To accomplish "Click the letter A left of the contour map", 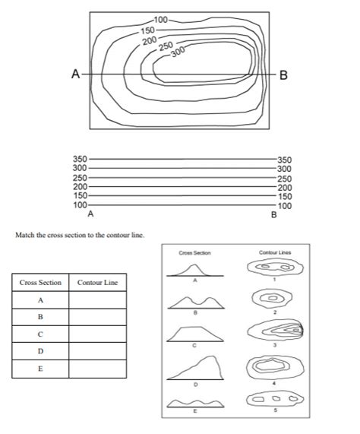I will (75, 74).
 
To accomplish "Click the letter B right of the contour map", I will (283, 75).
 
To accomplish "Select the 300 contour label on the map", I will (179, 52).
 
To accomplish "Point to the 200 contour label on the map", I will (149, 40).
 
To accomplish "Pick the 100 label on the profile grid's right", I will (284, 206).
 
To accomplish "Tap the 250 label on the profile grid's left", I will (81, 178).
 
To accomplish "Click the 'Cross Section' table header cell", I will (39, 284).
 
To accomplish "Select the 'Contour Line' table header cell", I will (98, 284).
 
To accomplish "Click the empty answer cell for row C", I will (98, 334).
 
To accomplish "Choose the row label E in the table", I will (39, 369).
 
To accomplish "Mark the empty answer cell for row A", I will (98, 300).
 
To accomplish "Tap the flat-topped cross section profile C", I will (195, 333).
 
